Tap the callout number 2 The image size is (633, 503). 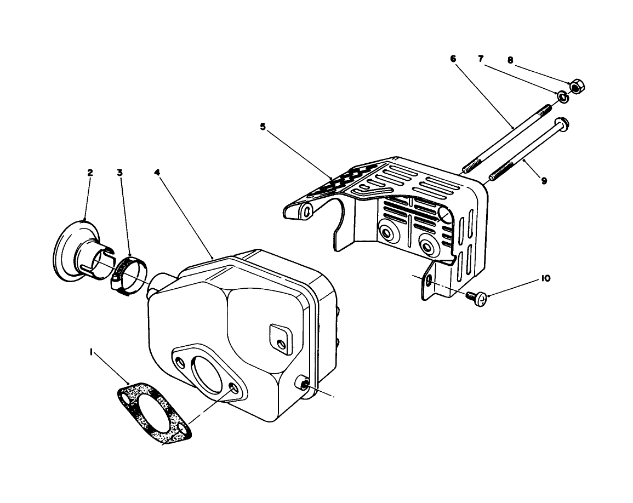tap(90, 172)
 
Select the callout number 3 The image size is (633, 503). tap(119, 172)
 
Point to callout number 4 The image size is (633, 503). tap(157, 172)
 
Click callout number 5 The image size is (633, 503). tap(263, 127)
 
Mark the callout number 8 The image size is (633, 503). tap(510, 61)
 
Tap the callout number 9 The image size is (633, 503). tap(544, 180)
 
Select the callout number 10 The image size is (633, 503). tap(546, 278)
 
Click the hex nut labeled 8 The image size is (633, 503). tap(576, 87)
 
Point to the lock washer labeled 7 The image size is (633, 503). tap(563, 97)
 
